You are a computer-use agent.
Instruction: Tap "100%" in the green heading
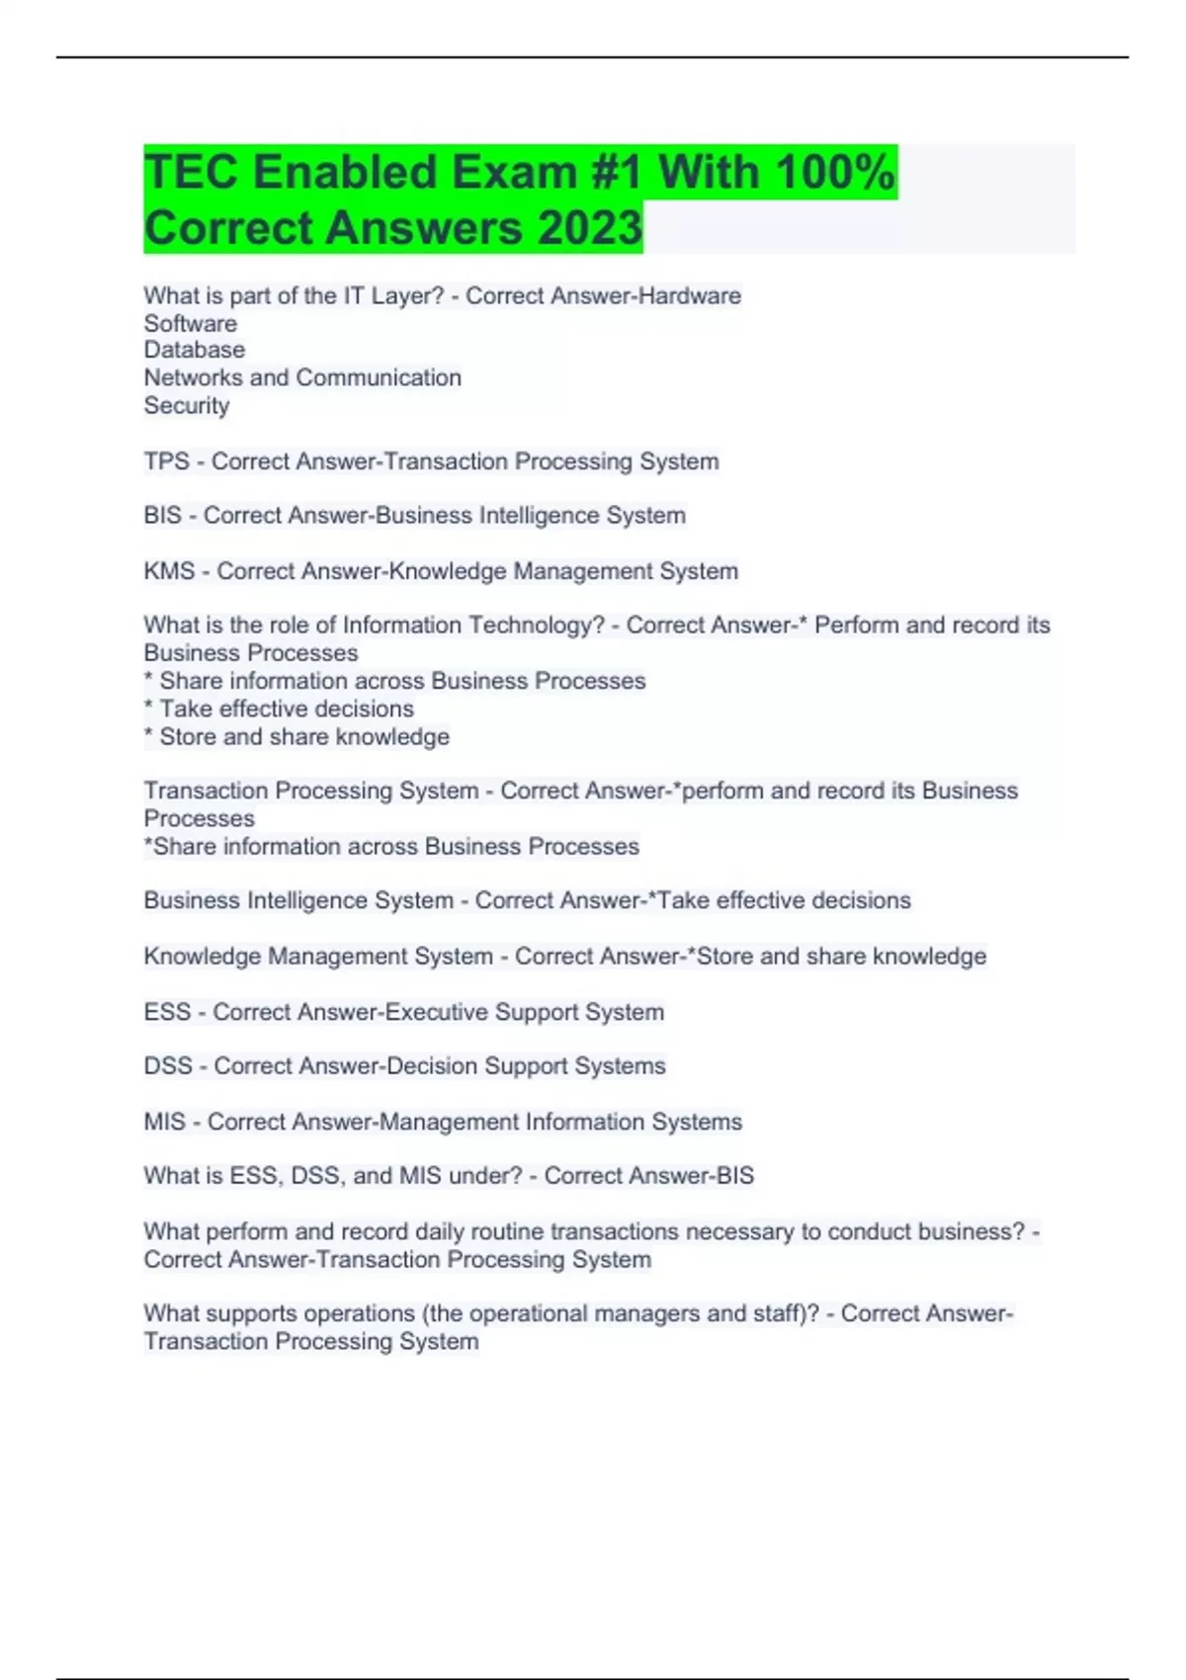tap(835, 172)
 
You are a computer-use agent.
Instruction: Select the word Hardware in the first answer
tap(690, 295)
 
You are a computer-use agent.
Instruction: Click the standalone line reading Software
tap(191, 323)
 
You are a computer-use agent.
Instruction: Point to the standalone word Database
tap(195, 350)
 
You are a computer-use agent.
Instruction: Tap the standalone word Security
tap(187, 405)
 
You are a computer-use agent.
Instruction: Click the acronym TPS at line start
tap(166, 462)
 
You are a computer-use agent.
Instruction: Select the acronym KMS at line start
tap(169, 571)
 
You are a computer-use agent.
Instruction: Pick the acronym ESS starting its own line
tap(167, 1012)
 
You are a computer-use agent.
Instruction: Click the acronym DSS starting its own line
tap(168, 1066)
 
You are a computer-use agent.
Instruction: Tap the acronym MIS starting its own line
tap(164, 1122)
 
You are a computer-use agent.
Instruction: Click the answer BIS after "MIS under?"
tap(734, 1176)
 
